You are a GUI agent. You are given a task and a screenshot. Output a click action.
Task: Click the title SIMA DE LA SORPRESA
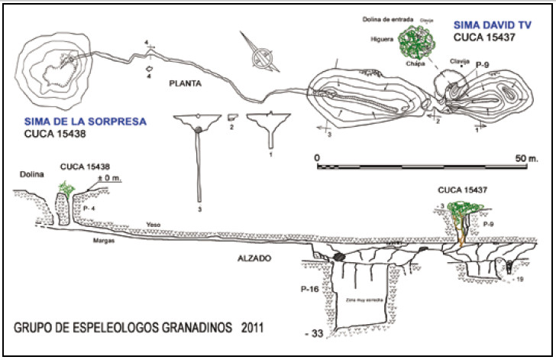click(86, 122)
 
